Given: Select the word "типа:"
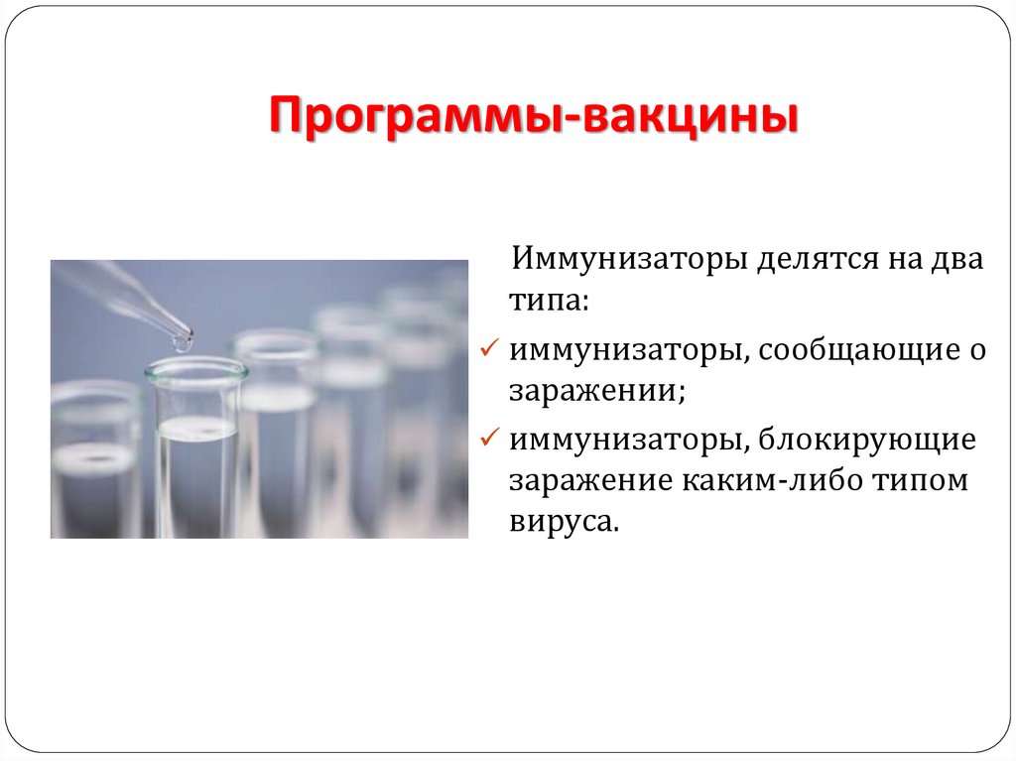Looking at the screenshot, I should [549, 300].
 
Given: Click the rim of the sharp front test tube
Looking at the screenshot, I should [195, 370].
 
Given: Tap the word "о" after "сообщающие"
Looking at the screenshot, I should [978, 350].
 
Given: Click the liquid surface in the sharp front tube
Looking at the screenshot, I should [196, 428].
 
